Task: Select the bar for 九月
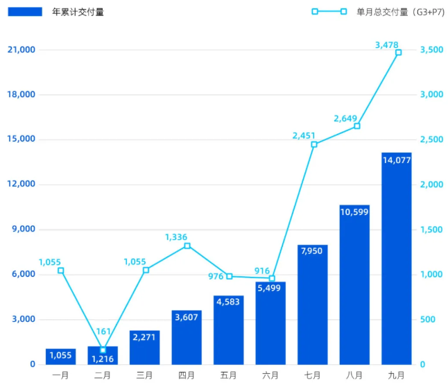397,264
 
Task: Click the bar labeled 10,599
354,291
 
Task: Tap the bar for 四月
187,340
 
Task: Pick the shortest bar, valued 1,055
61,358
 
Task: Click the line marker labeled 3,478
398,53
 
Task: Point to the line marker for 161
103,350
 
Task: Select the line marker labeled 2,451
314,144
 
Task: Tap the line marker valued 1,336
187,246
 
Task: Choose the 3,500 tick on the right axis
431,50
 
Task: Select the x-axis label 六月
270,375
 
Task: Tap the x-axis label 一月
61,375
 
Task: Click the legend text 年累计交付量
78,12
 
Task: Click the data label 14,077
397,160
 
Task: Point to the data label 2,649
345,119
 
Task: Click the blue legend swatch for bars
25,12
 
